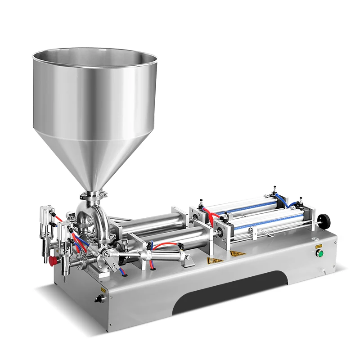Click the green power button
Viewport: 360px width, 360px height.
(x=320, y=253)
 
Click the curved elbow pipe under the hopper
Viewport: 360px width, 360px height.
(x=92, y=218)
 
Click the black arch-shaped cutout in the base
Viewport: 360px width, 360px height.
(x=229, y=292)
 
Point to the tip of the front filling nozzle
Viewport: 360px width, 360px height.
(x=65, y=279)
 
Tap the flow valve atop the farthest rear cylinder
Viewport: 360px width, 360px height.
(x=274, y=188)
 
